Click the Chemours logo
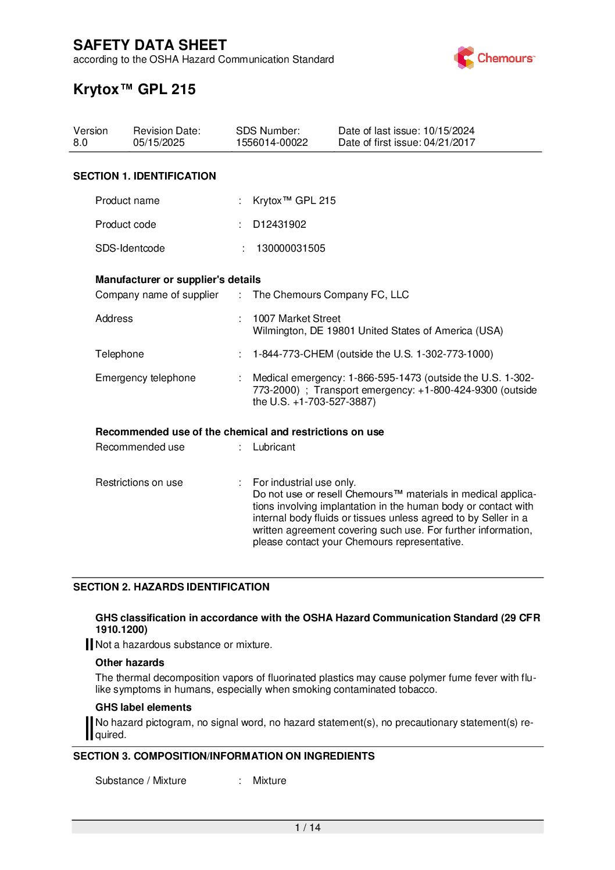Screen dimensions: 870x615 point(494,58)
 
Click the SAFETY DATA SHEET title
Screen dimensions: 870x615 point(150,45)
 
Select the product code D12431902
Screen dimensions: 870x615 point(279,224)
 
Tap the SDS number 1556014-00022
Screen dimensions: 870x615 point(271,143)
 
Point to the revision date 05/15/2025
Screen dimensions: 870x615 point(159,143)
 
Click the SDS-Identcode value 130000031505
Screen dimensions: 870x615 point(291,248)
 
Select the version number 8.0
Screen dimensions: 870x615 point(80,143)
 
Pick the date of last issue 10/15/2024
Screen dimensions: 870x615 point(449,131)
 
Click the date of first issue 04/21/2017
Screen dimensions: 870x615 point(449,143)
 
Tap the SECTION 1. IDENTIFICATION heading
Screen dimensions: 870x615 point(144,176)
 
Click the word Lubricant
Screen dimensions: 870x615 point(274,447)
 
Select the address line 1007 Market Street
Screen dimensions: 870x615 point(296,318)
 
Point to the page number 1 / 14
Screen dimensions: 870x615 point(307,828)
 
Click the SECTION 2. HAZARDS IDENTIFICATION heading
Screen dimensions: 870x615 point(171,587)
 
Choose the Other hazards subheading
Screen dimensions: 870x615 point(130,663)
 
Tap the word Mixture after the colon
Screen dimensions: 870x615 point(269,781)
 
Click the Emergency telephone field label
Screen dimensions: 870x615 point(145,378)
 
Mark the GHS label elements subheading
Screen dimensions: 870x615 point(143,707)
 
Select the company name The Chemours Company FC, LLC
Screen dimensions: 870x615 point(331,295)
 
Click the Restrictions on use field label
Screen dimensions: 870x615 point(139,482)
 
